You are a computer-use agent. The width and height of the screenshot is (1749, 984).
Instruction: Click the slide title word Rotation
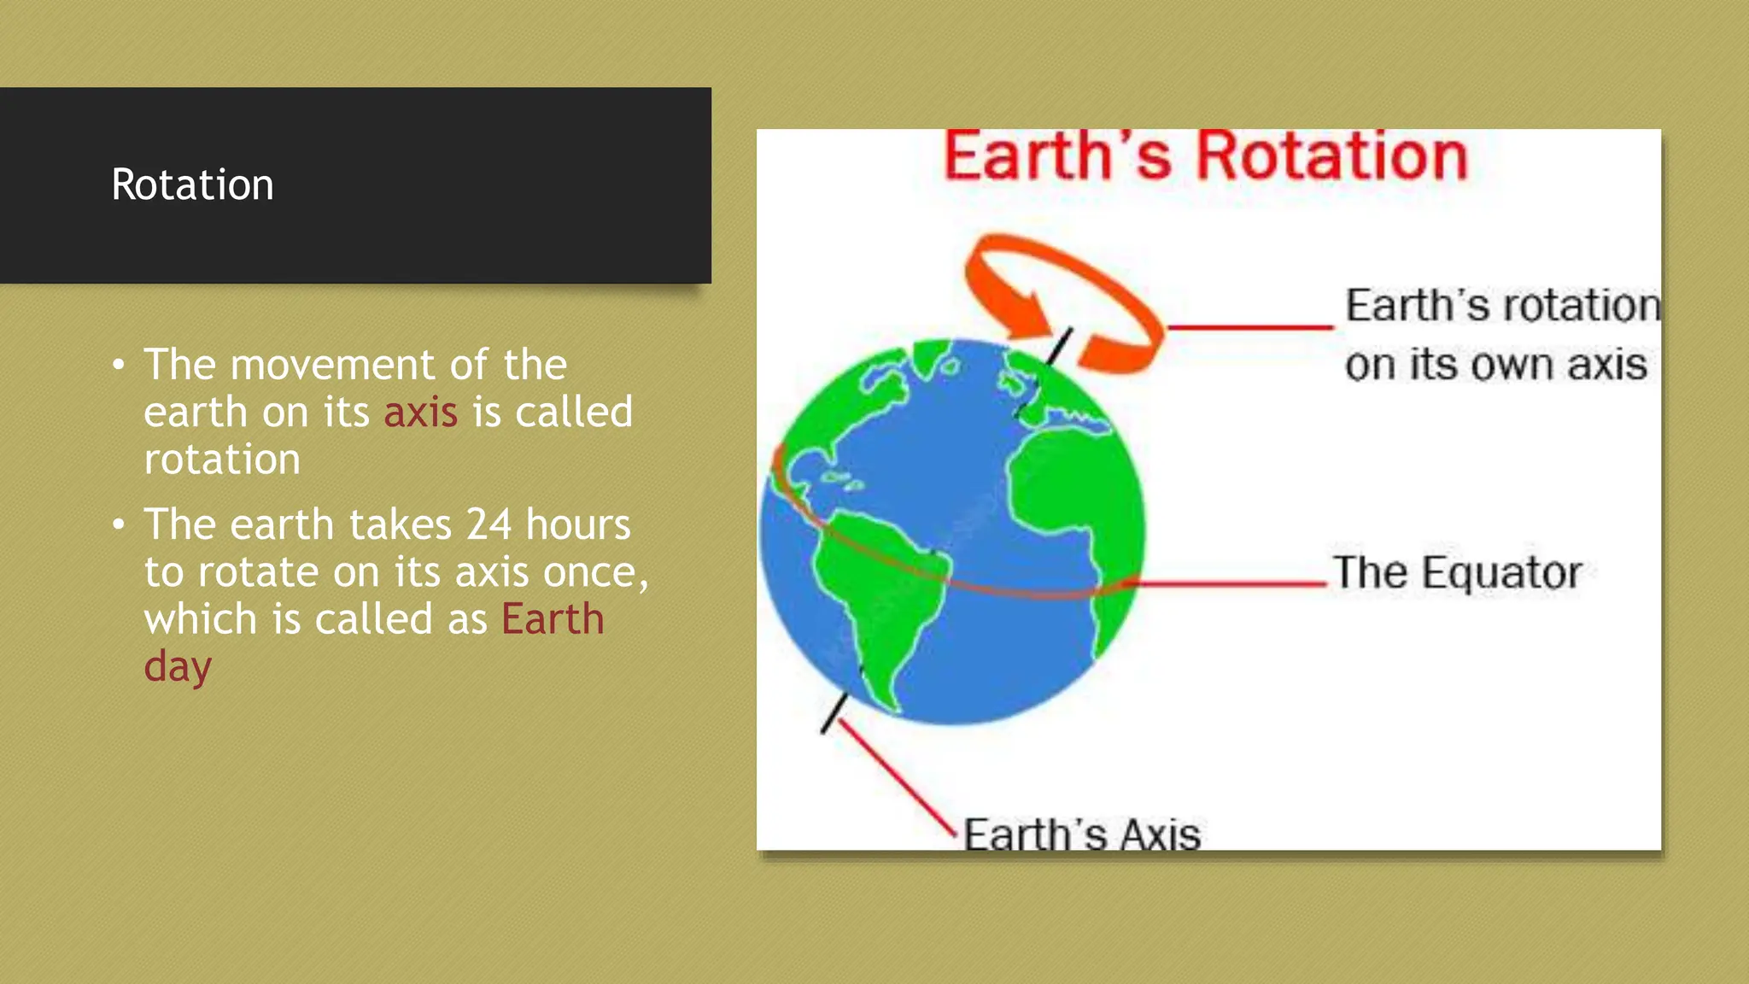(x=192, y=184)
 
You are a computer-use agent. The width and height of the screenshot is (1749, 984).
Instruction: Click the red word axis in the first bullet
(x=420, y=413)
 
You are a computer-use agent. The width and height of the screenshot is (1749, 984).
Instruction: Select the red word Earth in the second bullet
(x=553, y=619)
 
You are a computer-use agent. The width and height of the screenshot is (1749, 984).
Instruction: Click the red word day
(x=177, y=667)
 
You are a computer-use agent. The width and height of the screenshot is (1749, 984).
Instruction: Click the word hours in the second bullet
(x=577, y=524)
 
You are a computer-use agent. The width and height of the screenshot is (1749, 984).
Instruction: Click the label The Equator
(x=1457, y=573)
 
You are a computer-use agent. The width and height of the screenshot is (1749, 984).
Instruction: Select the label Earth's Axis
(x=1081, y=835)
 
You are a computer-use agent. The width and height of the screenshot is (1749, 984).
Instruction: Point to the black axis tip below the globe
(x=834, y=713)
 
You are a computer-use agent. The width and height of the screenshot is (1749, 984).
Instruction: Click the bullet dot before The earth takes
(x=119, y=524)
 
